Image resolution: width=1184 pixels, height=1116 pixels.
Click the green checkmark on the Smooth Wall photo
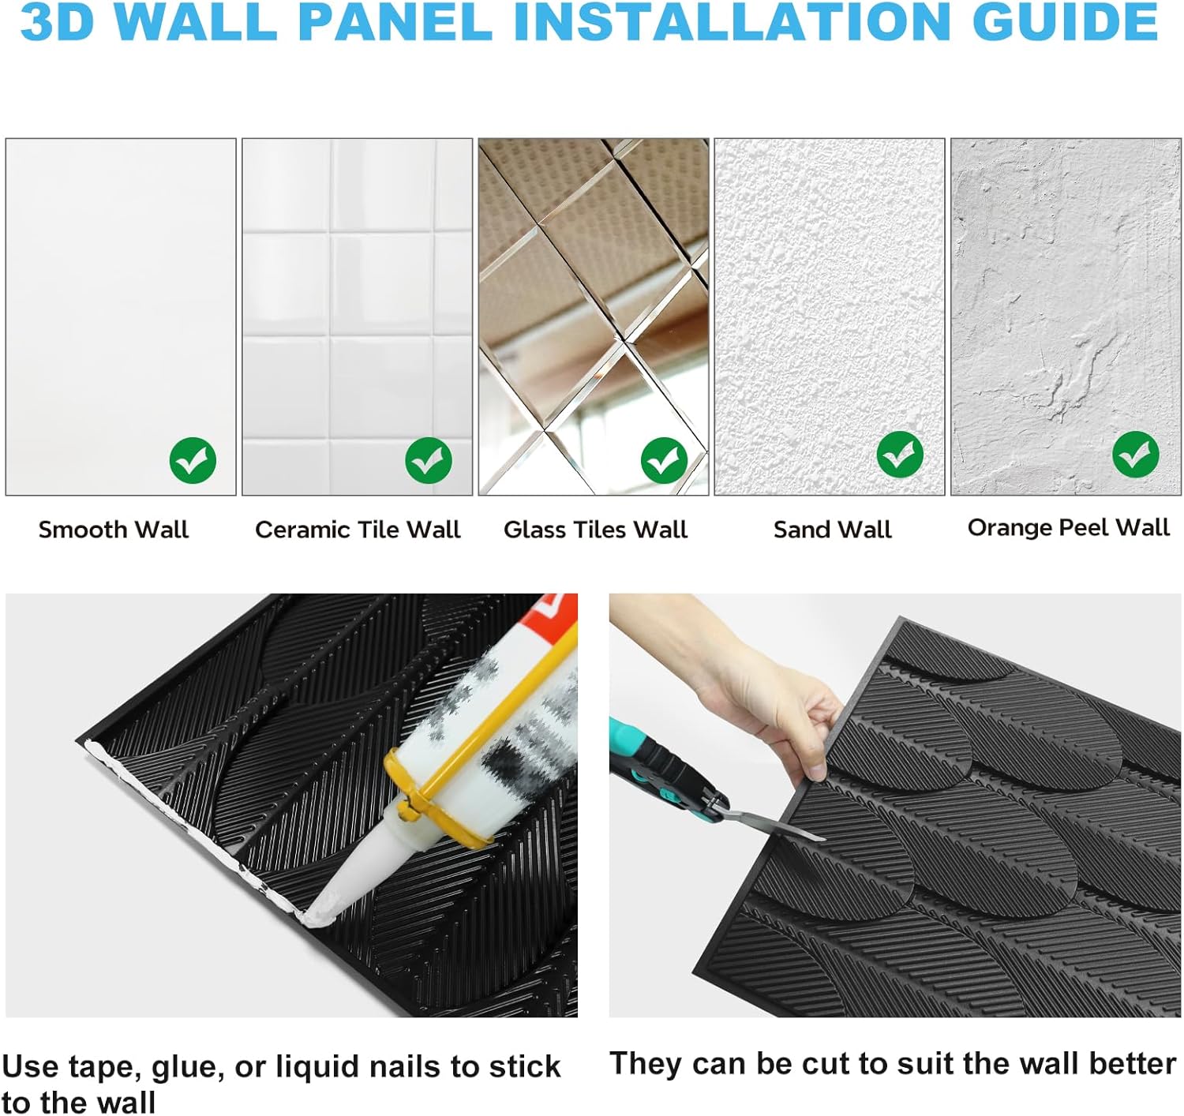[193, 460]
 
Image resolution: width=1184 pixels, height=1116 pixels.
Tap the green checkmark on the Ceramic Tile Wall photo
[429, 460]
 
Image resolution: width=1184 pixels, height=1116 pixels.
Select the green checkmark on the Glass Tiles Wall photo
[664, 460]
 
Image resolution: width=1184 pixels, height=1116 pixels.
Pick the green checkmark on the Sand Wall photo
[900, 455]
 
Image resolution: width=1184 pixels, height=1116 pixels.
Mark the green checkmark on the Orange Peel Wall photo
[1135, 455]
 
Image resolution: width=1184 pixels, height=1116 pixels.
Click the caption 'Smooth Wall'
[114, 530]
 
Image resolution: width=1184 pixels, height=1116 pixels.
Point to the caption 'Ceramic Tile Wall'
[358, 530]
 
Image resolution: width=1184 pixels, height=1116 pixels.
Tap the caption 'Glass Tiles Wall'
[595, 530]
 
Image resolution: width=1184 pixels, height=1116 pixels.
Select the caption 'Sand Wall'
[832, 530]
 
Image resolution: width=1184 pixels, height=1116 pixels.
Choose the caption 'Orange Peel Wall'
[1068, 527]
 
